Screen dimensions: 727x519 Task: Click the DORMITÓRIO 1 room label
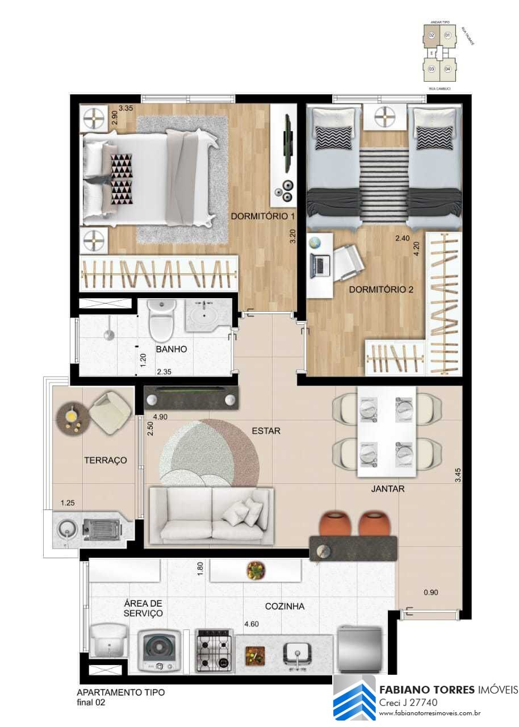click(263, 216)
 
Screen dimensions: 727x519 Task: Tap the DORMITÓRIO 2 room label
click(381, 289)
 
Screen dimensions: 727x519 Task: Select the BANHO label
click(171, 349)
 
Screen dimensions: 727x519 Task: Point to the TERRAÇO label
click(105, 460)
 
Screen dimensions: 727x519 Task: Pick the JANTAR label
click(388, 488)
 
